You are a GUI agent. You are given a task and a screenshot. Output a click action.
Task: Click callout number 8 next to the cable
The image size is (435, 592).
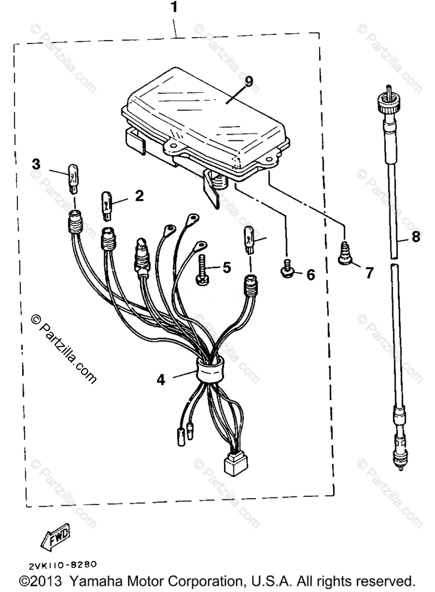415,236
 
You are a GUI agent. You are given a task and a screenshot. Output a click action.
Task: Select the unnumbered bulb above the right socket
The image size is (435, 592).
248,238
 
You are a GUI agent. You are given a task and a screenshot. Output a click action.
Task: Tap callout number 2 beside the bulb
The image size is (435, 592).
139,196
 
